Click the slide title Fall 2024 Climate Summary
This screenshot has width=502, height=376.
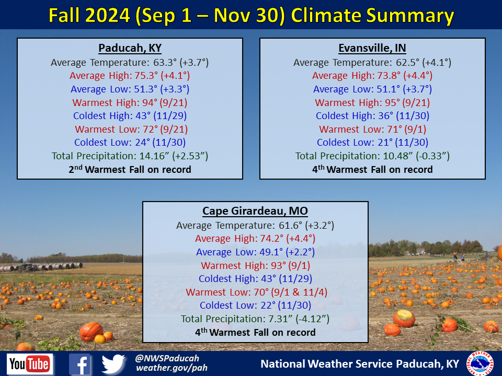point(251,16)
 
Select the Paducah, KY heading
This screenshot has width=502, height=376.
point(130,49)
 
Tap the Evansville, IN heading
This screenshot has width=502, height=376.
point(372,49)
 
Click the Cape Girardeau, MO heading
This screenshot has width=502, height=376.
point(255,211)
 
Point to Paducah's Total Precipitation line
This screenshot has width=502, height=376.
point(130,156)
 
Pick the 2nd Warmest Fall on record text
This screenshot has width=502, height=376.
point(130,169)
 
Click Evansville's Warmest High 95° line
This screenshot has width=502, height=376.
point(372,102)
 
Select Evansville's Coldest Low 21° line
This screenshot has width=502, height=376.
point(372,142)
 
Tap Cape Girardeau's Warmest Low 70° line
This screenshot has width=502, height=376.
point(255,292)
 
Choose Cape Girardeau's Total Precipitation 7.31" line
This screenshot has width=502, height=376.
point(255,319)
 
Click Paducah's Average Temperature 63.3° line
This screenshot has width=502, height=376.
point(130,63)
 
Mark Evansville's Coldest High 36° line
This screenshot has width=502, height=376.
point(372,116)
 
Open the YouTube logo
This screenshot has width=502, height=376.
point(30,364)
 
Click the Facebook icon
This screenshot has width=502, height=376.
point(80,364)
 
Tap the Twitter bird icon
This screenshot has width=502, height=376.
point(113,364)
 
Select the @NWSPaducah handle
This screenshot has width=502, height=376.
point(167,358)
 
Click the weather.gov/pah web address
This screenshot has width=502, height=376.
point(172,368)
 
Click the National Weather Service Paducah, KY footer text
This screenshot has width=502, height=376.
point(360,363)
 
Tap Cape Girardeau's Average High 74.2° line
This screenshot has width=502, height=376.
point(255,239)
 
